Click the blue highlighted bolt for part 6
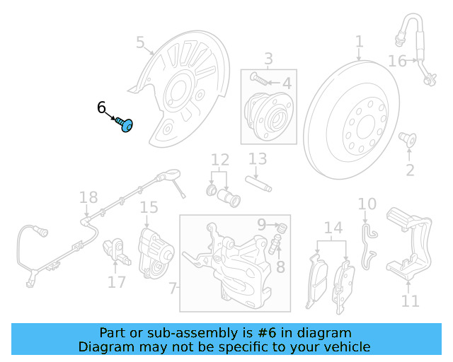tap(125, 125)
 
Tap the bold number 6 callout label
tap(102, 107)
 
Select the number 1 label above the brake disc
tap(359, 42)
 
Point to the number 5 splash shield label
tap(140, 44)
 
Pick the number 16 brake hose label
tap(397, 62)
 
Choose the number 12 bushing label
tap(220, 160)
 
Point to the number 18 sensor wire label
tap(88, 198)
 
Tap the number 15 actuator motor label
tap(149, 207)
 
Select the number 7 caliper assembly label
tap(174, 288)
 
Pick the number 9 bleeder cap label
tap(262, 225)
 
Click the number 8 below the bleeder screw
tap(280, 267)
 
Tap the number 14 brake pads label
tap(333, 228)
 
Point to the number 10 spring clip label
tap(367, 205)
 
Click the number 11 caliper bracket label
tap(410, 301)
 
